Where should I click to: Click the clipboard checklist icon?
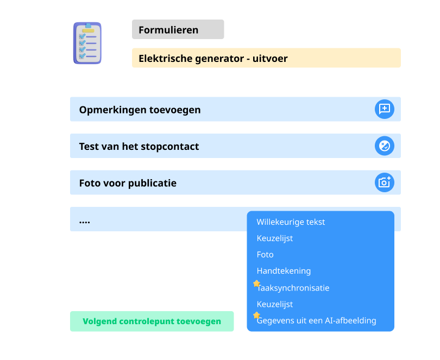pyautogui.click(x=87, y=43)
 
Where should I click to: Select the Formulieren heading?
pyautogui.click(x=168, y=30)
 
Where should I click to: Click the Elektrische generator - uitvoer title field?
pyautogui.click(x=266, y=58)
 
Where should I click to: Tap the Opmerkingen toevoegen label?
pyautogui.click(x=140, y=110)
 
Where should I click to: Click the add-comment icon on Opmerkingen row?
pyautogui.click(x=385, y=109)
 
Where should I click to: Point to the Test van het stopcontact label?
pyautogui.click(x=139, y=146)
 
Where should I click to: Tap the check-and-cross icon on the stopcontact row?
pyautogui.click(x=385, y=146)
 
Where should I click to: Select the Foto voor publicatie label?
pyautogui.click(x=128, y=183)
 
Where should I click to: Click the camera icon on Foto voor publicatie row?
pyautogui.click(x=385, y=182)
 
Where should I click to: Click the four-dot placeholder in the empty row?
pyautogui.click(x=84, y=222)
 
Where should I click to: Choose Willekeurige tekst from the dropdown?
pyautogui.click(x=291, y=222)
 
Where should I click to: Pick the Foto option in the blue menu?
pyautogui.click(x=265, y=255)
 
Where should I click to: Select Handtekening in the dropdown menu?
pyautogui.click(x=284, y=271)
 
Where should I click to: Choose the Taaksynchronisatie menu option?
pyautogui.click(x=293, y=288)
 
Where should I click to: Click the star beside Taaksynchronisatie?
pyautogui.click(x=256, y=283)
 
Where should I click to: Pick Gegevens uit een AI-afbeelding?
pyautogui.click(x=316, y=320)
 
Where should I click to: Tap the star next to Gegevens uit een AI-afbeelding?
pyautogui.click(x=256, y=315)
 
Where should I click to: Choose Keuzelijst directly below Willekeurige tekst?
pyautogui.click(x=275, y=238)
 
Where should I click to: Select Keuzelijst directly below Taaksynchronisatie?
pyautogui.click(x=275, y=304)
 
